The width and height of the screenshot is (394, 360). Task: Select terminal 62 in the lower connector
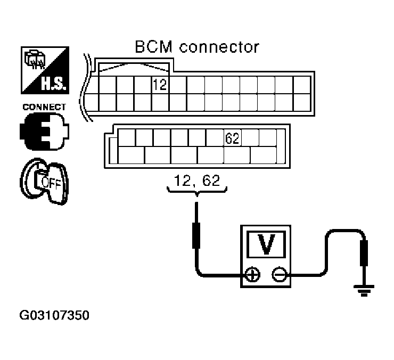(x=233, y=138)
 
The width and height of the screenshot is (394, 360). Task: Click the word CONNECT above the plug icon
(x=44, y=107)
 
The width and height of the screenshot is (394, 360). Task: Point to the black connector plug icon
(x=44, y=130)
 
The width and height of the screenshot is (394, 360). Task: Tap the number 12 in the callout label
(x=180, y=181)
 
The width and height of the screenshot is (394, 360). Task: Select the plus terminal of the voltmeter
(x=252, y=275)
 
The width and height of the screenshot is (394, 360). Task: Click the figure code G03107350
(x=54, y=316)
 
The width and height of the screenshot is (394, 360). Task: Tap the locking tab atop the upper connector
(x=133, y=67)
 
